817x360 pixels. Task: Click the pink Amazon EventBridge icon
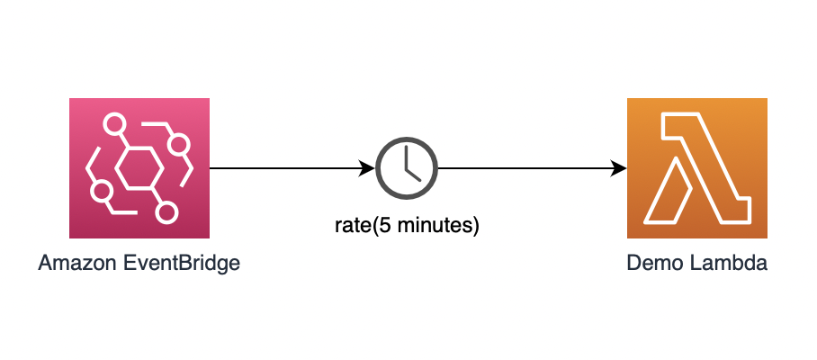(x=139, y=167)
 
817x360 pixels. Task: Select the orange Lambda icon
(x=696, y=167)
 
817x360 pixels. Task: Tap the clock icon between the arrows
(x=407, y=168)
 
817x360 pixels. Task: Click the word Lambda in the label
(x=729, y=263)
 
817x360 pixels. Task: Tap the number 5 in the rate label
(x=384, y=226)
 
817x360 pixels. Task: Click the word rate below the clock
(x=352, y=226)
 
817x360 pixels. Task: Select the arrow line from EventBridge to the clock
(x=292, y=168)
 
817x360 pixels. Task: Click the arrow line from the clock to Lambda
(x=532, y=168)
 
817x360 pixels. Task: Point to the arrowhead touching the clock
(x=368, y=168)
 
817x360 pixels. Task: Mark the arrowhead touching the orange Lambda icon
(x=620, y=168)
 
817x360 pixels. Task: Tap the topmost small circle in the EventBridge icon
(x=113, y=124)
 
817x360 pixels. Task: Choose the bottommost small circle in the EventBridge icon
(x=166, y=212)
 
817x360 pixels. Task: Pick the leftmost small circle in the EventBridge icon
(x=101, y=191)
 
